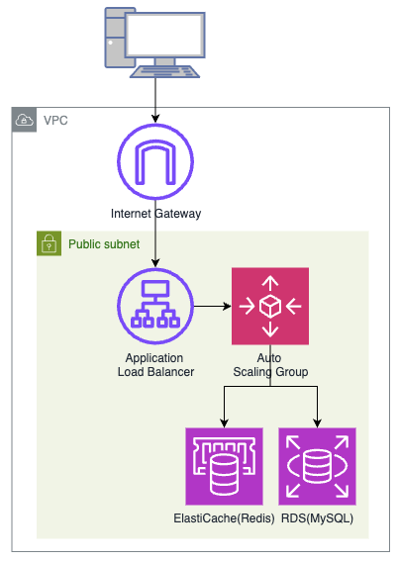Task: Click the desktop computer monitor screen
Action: (x=165, y=35)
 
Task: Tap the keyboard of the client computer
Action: (x=164, y=71)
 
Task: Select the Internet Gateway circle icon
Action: (x=155, y=161)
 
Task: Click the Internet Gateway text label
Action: (x=155, y=214)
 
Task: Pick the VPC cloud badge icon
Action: (x=24, y=120)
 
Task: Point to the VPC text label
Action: (x=55, y=121)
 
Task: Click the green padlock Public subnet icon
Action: (x=50, y=243)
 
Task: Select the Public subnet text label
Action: (x=104, y=244)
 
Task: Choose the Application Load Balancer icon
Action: (x=155, y=306)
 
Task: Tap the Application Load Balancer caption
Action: (x=155, y=365)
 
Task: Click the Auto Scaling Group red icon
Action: (x=270, y=306)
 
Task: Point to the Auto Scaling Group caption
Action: (x=270, y=365)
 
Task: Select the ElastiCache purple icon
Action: (x=224, y=466)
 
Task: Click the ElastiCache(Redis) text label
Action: (x=224, y=518)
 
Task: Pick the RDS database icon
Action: (x=318, y=466)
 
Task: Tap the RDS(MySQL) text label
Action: (x=318, y=518)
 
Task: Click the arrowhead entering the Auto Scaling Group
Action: (x=228, y=306)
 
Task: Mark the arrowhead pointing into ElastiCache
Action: (x=224, y=423)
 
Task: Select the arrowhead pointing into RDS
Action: (x=318, y=423)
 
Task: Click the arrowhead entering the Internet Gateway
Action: (x=155, y=119)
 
